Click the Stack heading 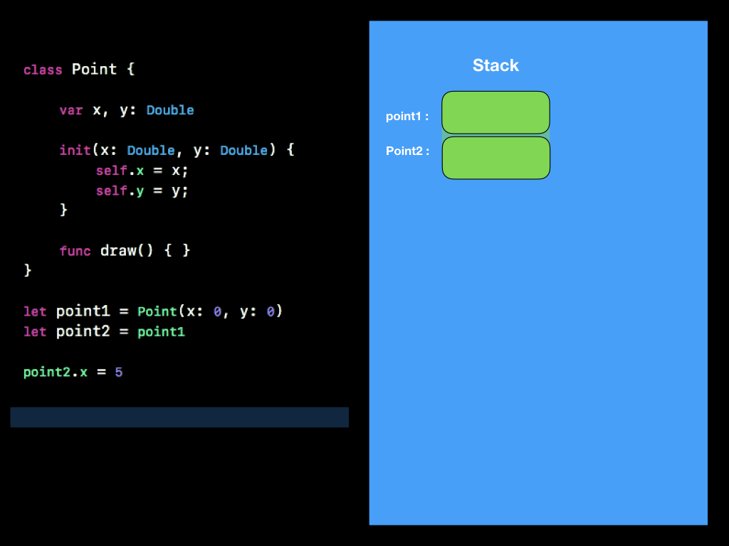[495, 65]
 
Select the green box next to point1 [495, 112]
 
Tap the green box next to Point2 [495, 158]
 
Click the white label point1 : [407, 117]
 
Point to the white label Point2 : [407, 151]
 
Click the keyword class [42, 70]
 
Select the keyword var [71, 110]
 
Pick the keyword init [75, 151]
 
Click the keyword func [75, 251]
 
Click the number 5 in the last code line [118, 372]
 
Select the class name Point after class [94, 70]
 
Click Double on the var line [170, 110]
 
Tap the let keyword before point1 [35, 312]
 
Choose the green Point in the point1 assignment [157, 312]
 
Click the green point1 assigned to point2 [161, 332]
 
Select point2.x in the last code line [55, 372]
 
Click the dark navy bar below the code [179, 417]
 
